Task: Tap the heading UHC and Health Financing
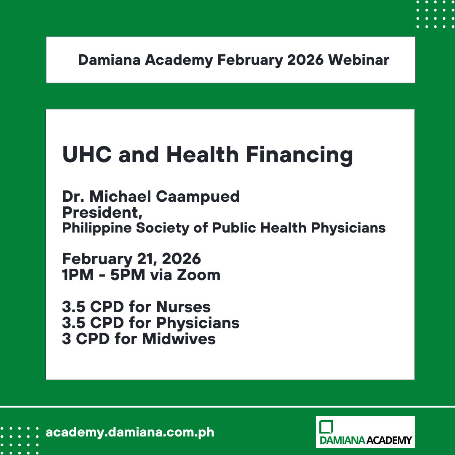pos(207,155)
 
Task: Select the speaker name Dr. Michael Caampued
pos(151,197)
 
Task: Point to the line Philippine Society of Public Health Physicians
pos(224,228)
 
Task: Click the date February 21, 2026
pos(131,258)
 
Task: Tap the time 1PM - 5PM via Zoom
pos(141,275)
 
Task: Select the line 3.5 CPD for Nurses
pos(136,307)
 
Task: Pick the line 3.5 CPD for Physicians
pos(150,323)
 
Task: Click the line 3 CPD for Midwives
pos(139,339)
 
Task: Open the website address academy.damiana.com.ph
pos(130,432)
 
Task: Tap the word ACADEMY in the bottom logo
pos(389,441)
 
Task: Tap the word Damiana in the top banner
pos(109,60)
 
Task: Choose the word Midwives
pos(179,339)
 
